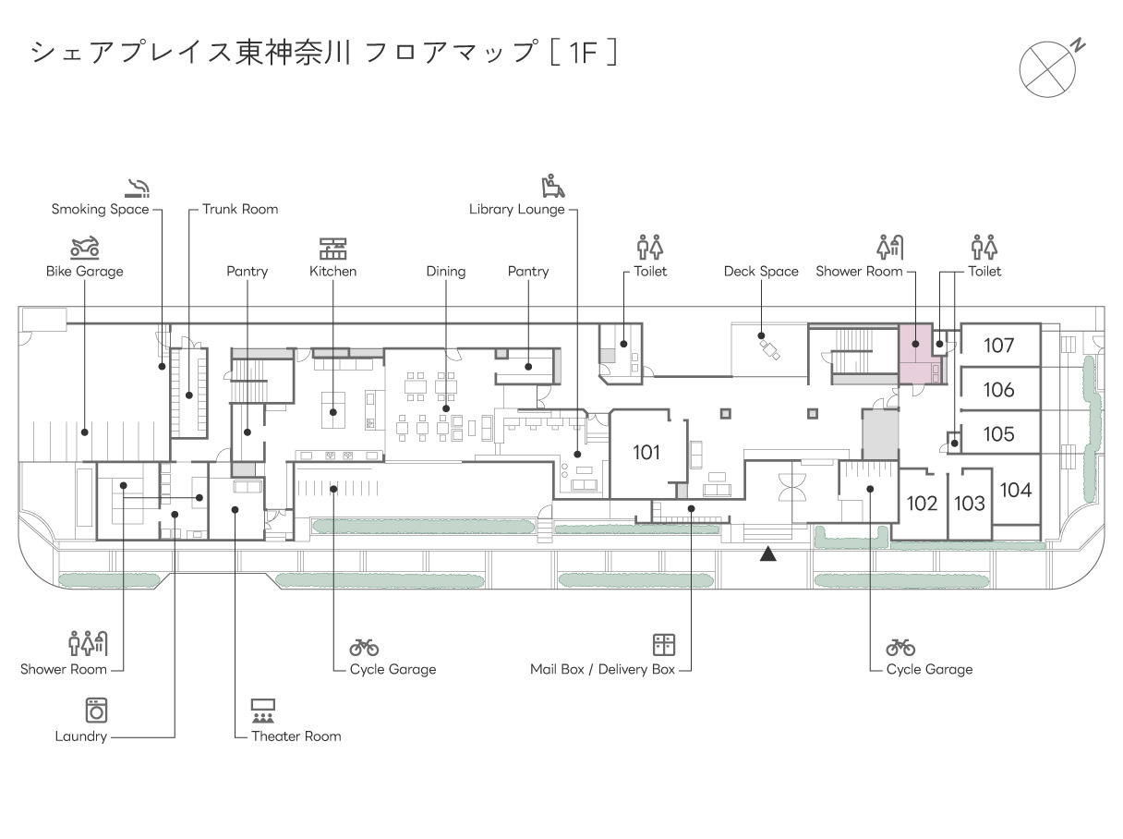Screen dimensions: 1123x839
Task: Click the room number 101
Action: pyautogui.click(x=646, y=453)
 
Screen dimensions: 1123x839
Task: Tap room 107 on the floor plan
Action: pyautogui.click(x=998, y=346)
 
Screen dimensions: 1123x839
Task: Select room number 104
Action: pyautogui.click(x=1016, y=491)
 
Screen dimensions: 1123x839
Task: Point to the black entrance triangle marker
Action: pyautogui.click(x=767, y=553)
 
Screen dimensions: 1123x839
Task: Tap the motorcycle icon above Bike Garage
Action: pyautogui.click(x=85, y=248)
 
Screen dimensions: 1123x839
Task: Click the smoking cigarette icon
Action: pyautogui.click(x=138, y=188)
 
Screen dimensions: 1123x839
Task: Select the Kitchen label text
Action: pyautogui.click(x=332, y=272)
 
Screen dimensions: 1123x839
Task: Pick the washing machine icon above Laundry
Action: pyautogui.click(x=96, y=710)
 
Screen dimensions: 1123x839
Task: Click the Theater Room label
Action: pyautogui.click(x=296, y=736)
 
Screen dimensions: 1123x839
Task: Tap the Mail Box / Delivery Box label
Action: pyautogui.click(x=603, y=669)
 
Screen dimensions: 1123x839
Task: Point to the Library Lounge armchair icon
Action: pyautogui.click(x=553, y=186)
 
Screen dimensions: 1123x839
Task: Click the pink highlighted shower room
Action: pyautogui.click(x=916, y=353)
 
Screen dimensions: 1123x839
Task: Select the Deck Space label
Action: pyautogui.click(x=761, y=272)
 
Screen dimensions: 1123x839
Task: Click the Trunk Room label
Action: pyautogui.click(x=240, y=209)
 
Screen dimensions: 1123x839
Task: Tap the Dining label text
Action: pyautogui.click(x=446, y=272)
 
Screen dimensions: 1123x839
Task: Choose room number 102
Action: pyautogui.click(x=922, y=504)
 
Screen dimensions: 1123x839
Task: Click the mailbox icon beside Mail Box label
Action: pyautogui.click(x=664, y=644)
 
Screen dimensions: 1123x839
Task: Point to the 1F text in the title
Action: pyautogui.click(x=583, y=53)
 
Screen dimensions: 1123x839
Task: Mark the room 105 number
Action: pyautogui.click(x=998, y=434)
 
